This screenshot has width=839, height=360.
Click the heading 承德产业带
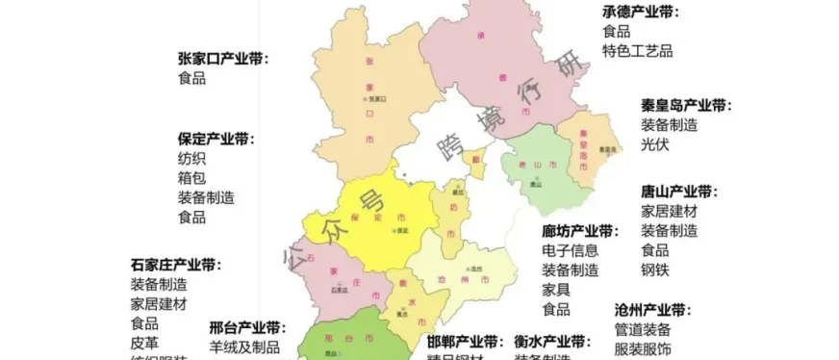pyautogui.click(x=641, y=12)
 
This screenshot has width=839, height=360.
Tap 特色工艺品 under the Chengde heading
pyautogui.click(x=638, y=51)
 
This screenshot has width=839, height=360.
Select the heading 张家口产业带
pyautogui.click(x=223, y=59)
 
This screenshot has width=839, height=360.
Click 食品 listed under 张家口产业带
pyautogui.click(x=191, y=78)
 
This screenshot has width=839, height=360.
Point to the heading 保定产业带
pyautogui.click(x=216, y=140)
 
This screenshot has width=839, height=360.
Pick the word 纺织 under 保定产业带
pyautogui.click(x=191, y=159)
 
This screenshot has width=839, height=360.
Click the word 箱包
pyautogui.click(x=191, y=178)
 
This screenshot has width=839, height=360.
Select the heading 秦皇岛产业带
pyautogui.click(x=686, y=106)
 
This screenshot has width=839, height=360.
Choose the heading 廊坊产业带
pyautogui.click(x=579, y=232)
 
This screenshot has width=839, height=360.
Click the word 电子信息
pyautogui.click(x=570, y=251)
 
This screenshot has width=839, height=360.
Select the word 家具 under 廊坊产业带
pyautogui.click(x=555, y=290)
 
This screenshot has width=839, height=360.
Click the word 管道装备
pyautogui.click(x=643, y=329)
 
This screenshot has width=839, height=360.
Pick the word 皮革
pyautogui.click(x=144, y=342)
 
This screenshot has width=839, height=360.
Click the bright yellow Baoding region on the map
pyautogui.click(x=361, y=217)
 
